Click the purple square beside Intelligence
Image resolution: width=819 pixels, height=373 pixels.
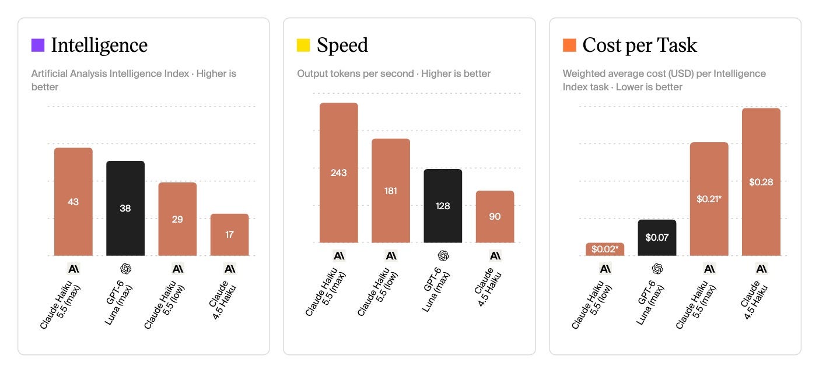38,45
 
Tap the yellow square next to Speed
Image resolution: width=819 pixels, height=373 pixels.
303,45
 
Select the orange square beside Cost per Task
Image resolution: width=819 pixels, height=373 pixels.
569,45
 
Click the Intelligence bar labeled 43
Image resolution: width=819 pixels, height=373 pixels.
73,202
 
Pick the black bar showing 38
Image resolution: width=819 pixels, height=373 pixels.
125,208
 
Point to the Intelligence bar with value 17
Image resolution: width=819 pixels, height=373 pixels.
230,234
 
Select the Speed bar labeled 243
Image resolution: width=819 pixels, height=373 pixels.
339,173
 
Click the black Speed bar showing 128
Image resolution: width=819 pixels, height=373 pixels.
443,206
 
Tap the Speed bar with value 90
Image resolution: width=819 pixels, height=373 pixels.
495,217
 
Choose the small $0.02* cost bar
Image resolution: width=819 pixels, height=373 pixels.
605,249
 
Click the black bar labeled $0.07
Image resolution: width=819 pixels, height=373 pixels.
657,237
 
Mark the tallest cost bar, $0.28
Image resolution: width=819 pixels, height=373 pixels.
761,182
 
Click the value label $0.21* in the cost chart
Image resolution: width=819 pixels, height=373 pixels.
709,199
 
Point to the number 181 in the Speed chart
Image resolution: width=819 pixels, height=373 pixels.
391,191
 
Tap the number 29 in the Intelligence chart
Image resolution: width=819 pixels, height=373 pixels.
177,219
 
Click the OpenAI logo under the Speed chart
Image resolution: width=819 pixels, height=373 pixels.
443,256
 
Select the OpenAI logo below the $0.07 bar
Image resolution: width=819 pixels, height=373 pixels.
657,269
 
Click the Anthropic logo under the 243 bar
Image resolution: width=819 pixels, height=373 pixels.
339,256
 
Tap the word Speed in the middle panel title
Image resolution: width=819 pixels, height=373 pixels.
342,45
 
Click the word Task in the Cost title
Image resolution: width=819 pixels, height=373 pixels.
677,45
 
